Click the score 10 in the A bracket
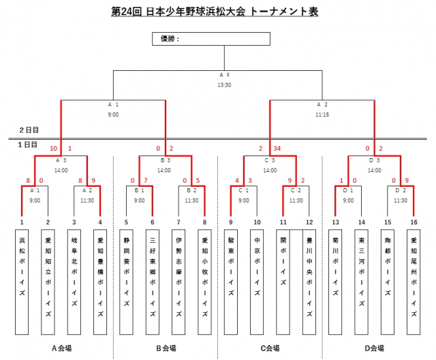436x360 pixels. [x=53, y=148]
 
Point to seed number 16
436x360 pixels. [x=414, y=223]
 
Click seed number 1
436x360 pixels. [x=22, y=223]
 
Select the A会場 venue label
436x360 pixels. [x=62, y=348]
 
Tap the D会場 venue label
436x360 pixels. [x=375, y=348]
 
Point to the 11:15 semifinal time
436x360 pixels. [x=323, y=115]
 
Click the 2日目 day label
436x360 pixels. [x=28, y=129]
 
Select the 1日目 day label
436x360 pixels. [x=28, y=145]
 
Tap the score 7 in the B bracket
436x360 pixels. [x=145, y=181]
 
